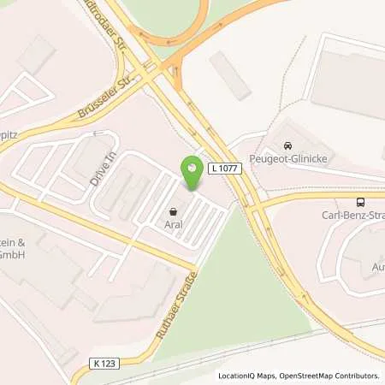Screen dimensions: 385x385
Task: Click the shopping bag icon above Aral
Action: pyautogui.click(x=175, y=210)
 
